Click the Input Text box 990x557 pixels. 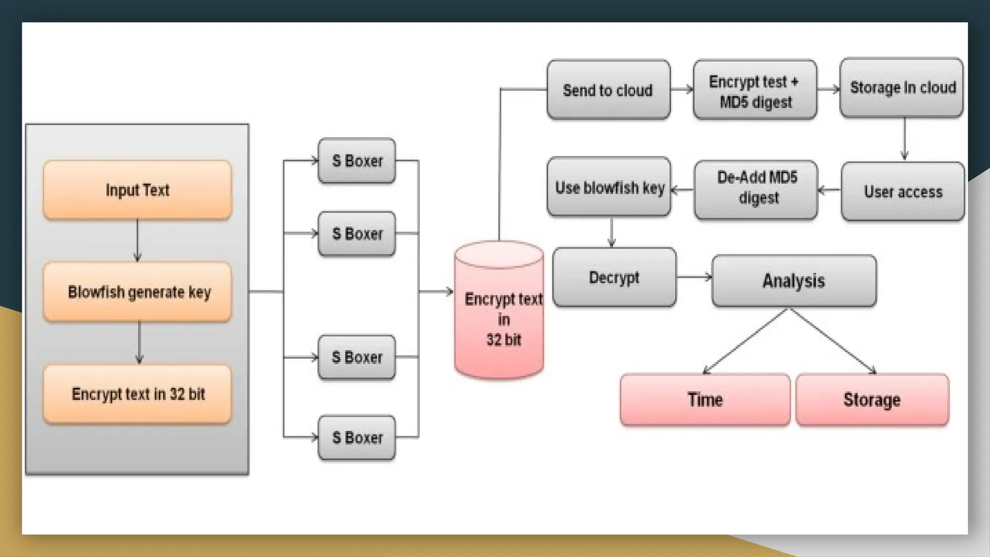(137, 190)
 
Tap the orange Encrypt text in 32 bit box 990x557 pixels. (137, 395)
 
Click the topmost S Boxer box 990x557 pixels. (357, 161)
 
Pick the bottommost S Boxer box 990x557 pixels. (357, 438)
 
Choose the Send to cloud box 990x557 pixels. (608, 90)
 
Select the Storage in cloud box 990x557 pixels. (902, 88)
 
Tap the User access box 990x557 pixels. (903, 191)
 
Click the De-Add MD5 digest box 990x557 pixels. (756, 189)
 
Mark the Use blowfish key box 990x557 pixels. (609, 187)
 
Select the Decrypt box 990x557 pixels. (614, 278)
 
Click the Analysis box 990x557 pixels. (794, 281)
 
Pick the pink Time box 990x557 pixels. (705, 400)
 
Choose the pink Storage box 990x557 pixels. (872, 400)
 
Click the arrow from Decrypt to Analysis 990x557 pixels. (694, 277)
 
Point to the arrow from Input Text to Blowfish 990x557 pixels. (137, 240)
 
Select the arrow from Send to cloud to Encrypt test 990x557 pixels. (682, 89)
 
